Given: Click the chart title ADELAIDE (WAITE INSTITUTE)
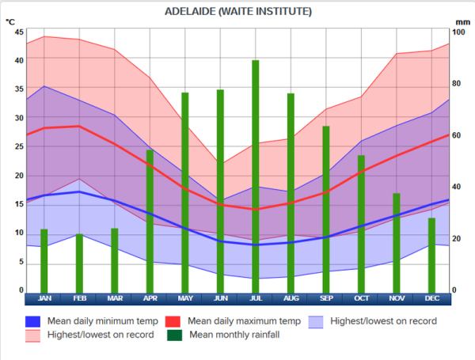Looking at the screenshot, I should click(x=237, y=12).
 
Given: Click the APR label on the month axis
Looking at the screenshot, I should click(x=150, y=298).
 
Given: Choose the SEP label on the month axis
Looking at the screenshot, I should click(x=326, y=298).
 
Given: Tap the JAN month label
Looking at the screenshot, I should click(x=44, y=298).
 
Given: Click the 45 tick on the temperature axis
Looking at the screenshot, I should click(x=19, y=32).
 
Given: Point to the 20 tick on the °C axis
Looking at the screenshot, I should click(x=19, y=176).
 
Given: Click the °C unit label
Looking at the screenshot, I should click(x=10, y=21).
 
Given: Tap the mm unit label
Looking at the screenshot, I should click(x=463, y=21).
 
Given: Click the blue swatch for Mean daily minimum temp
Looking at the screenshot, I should click(x=32, y=322).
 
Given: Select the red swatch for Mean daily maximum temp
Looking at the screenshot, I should click(x=173, y=322).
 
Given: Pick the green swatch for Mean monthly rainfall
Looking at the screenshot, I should click(x=173, y=335).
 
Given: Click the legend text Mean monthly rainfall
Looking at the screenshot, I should click(x=234, y=335).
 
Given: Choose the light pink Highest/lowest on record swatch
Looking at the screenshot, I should click(x=32, y=335).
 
